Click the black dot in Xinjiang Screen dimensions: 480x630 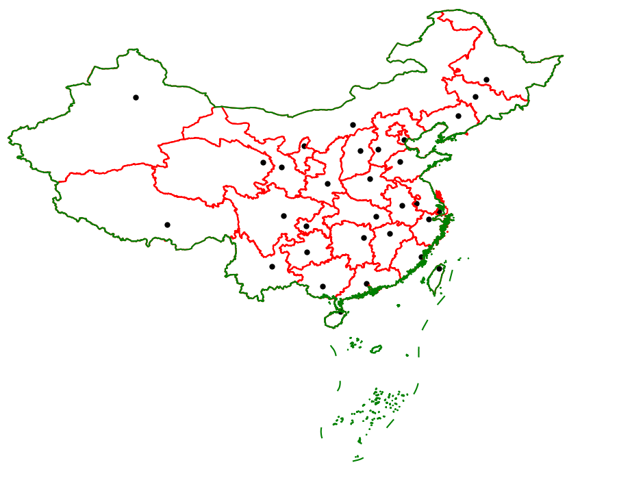[x=136, y=97]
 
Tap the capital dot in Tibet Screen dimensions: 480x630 [x=167, y=225]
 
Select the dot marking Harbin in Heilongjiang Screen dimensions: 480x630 [x=486, y=79]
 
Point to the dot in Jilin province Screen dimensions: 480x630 [x=475, y=97]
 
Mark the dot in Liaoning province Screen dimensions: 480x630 [x=458, y=116]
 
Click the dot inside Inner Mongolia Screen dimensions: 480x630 [x=353, y=125]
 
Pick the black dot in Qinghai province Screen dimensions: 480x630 [x=263, y=162]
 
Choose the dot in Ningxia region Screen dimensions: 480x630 [x=304, y=146]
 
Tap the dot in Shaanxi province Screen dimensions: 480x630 [x=327, y=184]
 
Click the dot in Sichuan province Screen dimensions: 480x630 [x=283, y=216]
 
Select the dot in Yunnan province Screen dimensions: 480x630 [x=272, y=266]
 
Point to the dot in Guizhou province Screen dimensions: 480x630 [x=307, y=252]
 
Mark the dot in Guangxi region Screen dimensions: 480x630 [x=323, y=286]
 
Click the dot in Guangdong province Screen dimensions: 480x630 [x=366, y=283]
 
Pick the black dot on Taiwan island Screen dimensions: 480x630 [x=439, y=268]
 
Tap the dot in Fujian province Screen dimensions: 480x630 [x=421, y=257]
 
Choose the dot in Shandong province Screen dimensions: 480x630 [x=400, y=162]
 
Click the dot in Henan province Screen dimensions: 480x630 [x=370, y=179]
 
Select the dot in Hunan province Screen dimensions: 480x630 [x=364, y=238]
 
